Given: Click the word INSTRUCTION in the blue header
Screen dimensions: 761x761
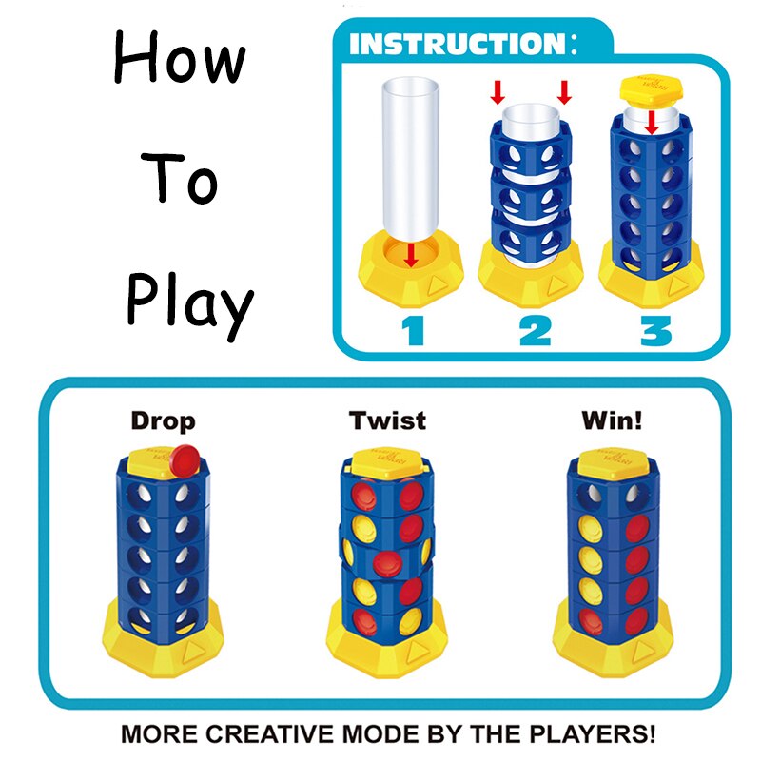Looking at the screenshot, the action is (x=458, y=44).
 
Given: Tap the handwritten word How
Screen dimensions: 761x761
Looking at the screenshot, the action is (x=180, y=57).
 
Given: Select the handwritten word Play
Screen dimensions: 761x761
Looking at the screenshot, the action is (x=189, y=303).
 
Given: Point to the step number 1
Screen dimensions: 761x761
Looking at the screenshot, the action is (x=414, y=330).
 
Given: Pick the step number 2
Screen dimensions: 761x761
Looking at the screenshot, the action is (x=535, y=330).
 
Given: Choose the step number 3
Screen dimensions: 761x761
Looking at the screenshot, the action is (x=655, y=330).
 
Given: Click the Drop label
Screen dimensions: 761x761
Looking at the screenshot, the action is (x=163, y=420).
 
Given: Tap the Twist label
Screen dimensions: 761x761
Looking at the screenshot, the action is (x=387, y=420).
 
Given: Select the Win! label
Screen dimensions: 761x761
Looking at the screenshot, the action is (x=612, y=420).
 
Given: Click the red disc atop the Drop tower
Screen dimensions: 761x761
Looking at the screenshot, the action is (x=185, y=460).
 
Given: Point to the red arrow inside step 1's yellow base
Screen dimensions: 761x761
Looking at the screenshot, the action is (x=411, y=255).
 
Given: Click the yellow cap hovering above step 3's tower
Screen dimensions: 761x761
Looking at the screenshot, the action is (x=652, y=91).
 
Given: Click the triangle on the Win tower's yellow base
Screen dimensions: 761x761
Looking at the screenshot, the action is (x=643, y=652).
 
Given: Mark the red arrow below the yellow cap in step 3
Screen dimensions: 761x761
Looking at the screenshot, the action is (x=652, y=123).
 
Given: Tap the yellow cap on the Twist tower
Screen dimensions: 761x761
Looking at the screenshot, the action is (x=386, y=463).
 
